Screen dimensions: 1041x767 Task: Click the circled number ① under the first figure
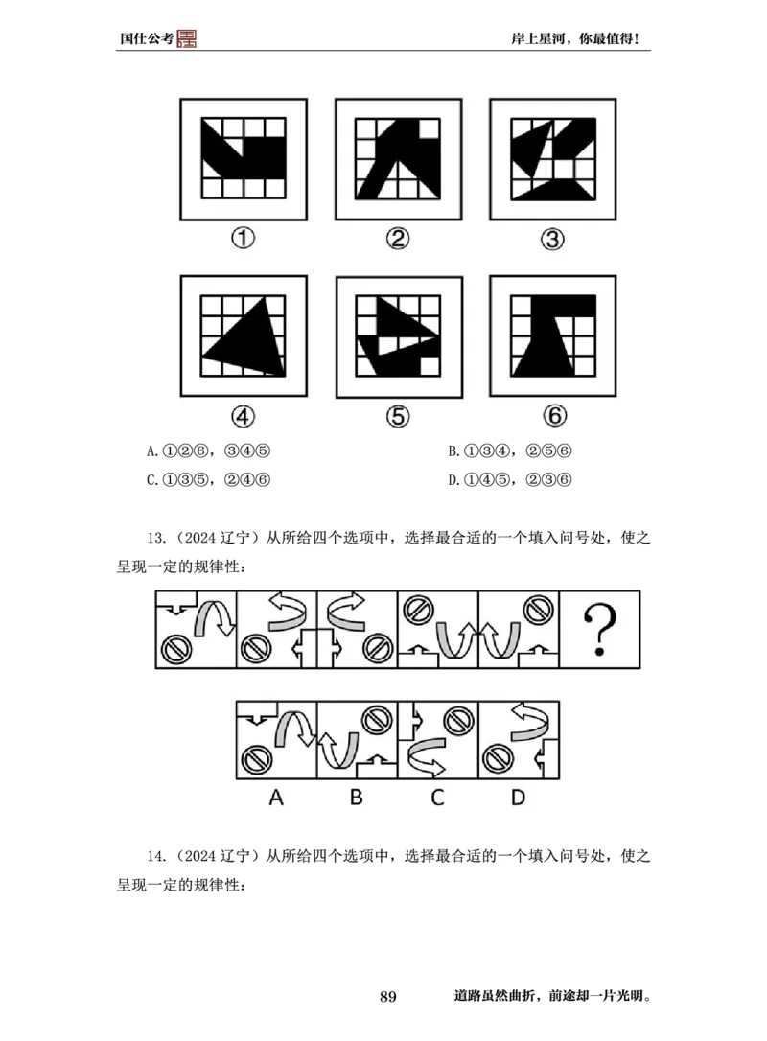(244, 239)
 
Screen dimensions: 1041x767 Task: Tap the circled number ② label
(398, 239)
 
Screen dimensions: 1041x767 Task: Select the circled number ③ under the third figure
(552, 239)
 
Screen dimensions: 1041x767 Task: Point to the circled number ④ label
(244, 415)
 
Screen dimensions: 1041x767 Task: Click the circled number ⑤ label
(398, 415)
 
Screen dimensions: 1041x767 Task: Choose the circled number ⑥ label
(553, 415)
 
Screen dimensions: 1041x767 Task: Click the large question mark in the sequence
(599, 630)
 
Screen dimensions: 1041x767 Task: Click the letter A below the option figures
(276, 797)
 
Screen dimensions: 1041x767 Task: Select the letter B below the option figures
(356, 797)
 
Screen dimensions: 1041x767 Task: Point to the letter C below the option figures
(437, 797)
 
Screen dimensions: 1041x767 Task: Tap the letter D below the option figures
(518, 797)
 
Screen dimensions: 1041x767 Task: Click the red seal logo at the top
(187, 37)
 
